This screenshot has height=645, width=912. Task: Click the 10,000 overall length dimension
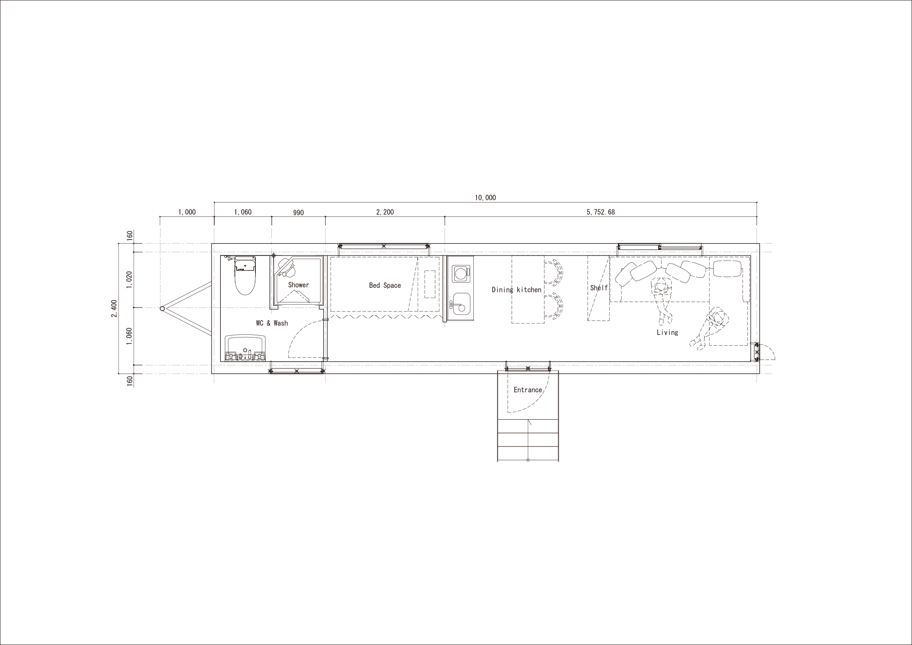pos(485,198)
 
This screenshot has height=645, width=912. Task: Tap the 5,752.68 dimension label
pos(601,212)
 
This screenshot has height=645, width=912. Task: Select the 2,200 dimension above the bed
pos(385,212)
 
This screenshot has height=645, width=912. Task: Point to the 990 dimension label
pos(298,213)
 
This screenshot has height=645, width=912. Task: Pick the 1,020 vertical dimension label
pos(130,280)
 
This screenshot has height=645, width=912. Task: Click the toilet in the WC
pos(245,276)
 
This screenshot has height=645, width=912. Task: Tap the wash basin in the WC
pos(245,348)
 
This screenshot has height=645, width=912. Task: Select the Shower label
pos(298,285)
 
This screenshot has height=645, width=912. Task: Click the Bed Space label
pos(385,286)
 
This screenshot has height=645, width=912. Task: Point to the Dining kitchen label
pos(516,290)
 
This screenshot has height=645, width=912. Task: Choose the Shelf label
pos(599,288)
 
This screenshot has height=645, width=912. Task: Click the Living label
pos(667,333)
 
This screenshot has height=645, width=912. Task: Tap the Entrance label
pos(528,390)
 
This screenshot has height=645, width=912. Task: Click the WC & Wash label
pos(272,323)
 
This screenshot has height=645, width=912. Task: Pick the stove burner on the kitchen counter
pos(461,274)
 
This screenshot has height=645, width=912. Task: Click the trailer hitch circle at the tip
pos(162,309)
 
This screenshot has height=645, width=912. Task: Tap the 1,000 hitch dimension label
pos(187,212)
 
